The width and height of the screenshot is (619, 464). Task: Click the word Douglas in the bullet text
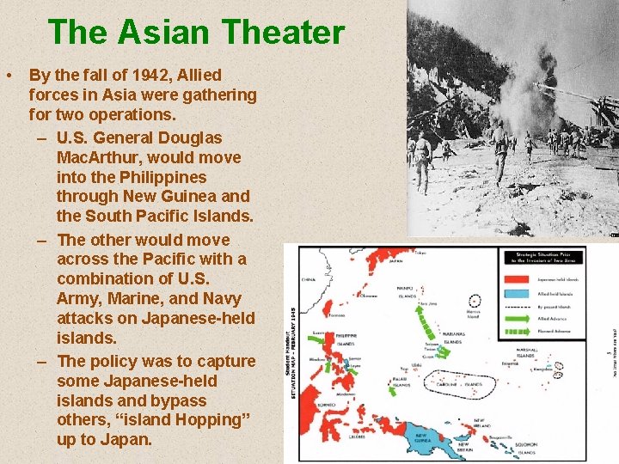[190, 137]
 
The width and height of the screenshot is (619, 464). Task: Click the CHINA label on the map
[309, 279]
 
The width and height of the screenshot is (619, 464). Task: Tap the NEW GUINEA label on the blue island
[427, 437]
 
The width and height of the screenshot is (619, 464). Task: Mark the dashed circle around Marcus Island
[475, 302]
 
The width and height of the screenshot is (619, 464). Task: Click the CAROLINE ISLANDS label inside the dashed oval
[460, 385]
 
